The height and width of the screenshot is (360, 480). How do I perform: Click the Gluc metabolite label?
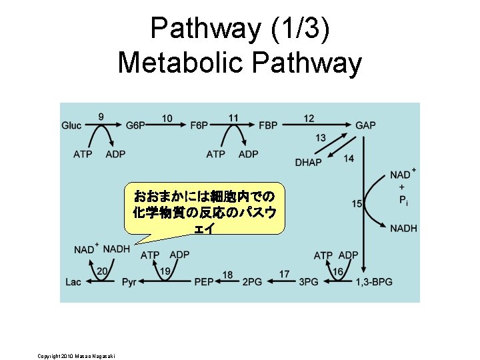(x=72, y=125)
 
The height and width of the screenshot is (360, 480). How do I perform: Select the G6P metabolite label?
(x=135, y=125)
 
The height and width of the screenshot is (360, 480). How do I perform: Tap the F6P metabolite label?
(x=199, y=125)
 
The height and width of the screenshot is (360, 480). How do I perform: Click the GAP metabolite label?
(x=365, y=125)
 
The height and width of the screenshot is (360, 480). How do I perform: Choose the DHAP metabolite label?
(x=308, y=162)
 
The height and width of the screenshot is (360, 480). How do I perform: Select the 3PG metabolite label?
(x=308, y=282)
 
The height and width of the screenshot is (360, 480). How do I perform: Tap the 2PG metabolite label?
(x=251, y=282)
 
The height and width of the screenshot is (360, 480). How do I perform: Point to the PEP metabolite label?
(x=203, y=282)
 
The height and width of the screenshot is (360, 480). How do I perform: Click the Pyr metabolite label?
(x=129, y=282)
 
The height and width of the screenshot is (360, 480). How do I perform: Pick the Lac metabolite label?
(x=73, y=282)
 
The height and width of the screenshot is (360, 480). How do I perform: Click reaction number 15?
(x=357, y=204)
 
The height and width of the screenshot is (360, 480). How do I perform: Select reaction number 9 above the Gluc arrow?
(x=101, y=117)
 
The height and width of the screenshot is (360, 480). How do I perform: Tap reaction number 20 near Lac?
(x=102, y=271)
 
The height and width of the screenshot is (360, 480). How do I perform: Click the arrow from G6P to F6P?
(x=167, y=125)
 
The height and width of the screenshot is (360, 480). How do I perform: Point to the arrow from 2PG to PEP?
(x=228, y=282)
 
